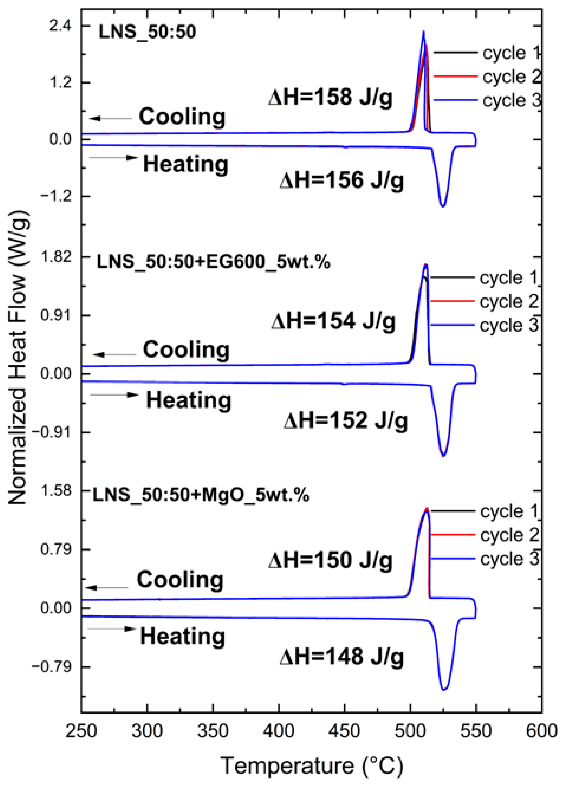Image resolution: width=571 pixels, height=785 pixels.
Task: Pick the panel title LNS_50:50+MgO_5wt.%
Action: pyautogui.click(x=201, y=495)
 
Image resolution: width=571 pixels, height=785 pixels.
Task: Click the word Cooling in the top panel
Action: pyautogui.click(x=182, y=117)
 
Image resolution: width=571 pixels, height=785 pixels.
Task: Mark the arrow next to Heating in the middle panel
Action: pyautogui.click(x=114, y=395)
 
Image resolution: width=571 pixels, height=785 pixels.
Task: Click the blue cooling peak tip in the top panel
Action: pyautogui.click(x=423, y=31)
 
